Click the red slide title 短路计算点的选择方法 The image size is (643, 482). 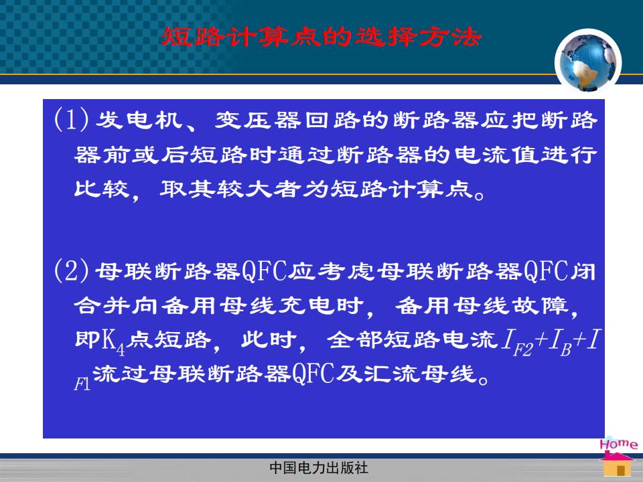coord(321,37)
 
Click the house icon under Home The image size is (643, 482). coord(617,465)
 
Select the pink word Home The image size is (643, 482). coord(619,443)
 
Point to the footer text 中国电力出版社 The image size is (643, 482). coord(319,468)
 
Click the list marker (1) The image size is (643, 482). coord(72,120)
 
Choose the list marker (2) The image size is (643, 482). coord(72,270)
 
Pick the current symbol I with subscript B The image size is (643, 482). coord(560,343)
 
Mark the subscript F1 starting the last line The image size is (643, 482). coord(82,384)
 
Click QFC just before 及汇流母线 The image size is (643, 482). coord(313,374)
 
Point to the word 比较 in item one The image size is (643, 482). coord(102,189)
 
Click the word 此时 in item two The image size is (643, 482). coord(269,340)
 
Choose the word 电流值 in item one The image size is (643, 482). coord(497,155)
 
